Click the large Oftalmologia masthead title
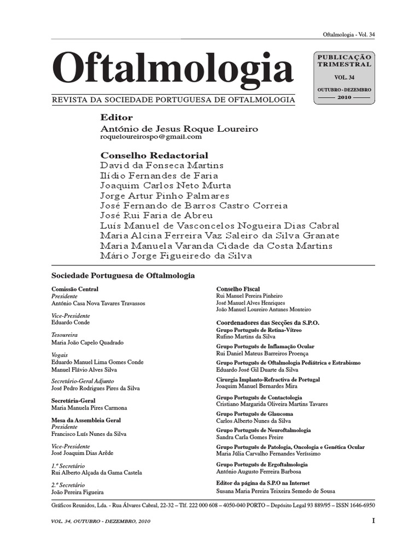[x=172, y=69]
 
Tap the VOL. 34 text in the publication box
[x=343, y=77]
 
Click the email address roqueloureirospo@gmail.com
[x=147, y=137]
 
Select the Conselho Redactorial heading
[x=154, y=155]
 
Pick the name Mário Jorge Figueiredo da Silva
[x=176, y=256]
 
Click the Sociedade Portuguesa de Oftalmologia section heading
[x=123, y=276]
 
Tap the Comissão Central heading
[x=75, y=289]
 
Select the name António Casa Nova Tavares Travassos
[x=98, y=303]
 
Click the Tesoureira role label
[x=65, y=335]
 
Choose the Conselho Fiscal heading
[x=238, y=289]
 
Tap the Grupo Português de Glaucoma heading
[x=254, y=415]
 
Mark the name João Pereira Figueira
[x=78, y=492]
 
